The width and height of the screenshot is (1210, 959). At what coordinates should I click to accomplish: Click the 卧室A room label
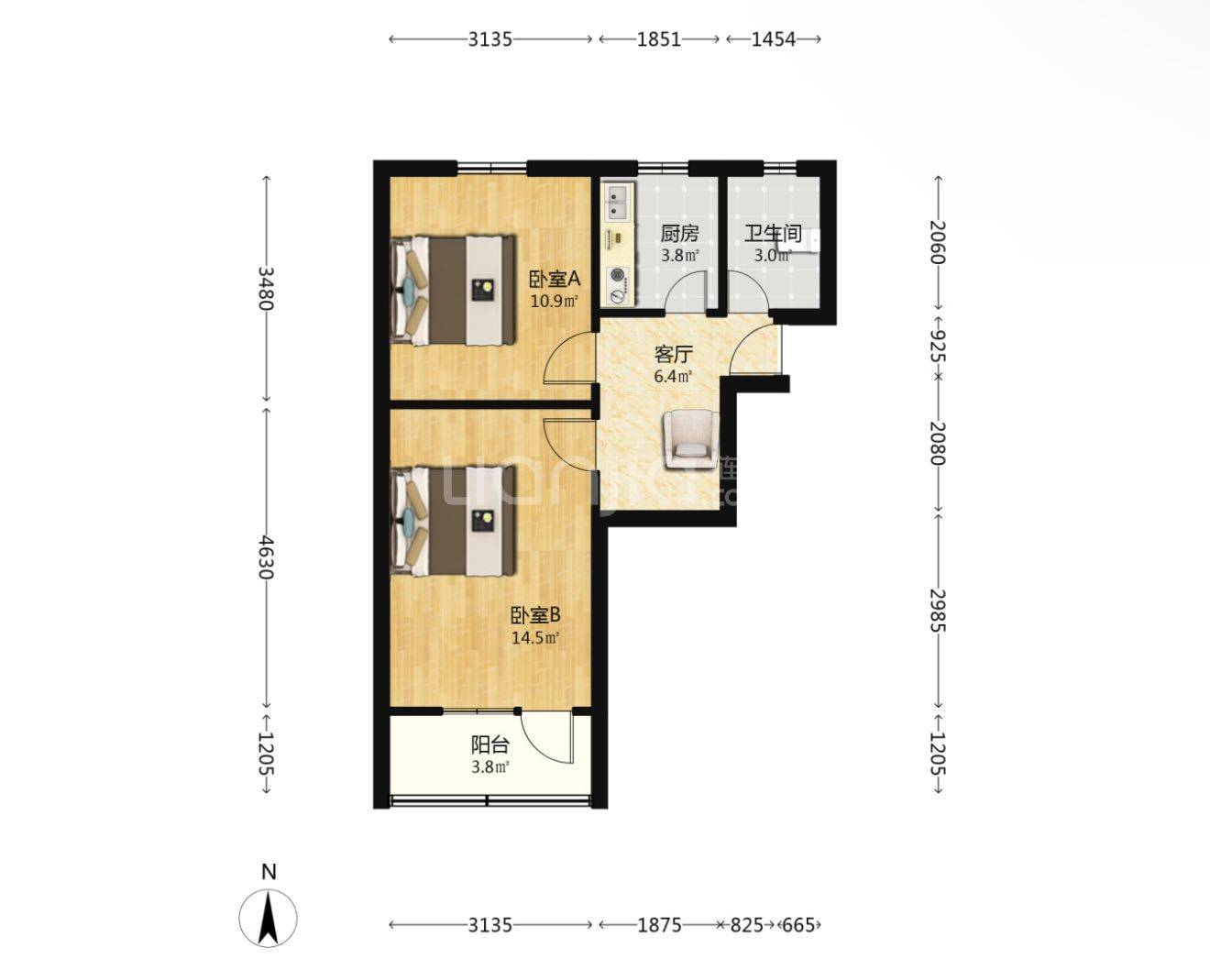pyautogui.click(x=555, y=279)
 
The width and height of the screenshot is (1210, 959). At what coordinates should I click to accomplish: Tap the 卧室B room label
pyautogui.click(x=535, y=615)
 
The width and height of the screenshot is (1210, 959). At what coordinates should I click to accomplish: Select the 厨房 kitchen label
pyautogui.click(x=679, y=234)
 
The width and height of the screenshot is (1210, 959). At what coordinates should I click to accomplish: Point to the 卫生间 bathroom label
pyautogui.click(x=773, y=234)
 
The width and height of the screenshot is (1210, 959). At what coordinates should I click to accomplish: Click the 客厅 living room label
pyautogui.click(x=673, y=354)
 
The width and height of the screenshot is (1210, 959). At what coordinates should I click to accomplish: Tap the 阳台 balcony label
pyautogui.click(x=489, y=744)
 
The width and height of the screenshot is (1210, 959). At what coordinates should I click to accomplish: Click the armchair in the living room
pyautogui.click(x=691, y=439)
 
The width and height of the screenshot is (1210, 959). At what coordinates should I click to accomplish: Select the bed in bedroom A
pyautogui.click(x=453, y=291)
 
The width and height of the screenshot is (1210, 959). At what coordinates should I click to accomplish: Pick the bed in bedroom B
pyautogui.click(x=453, y=521)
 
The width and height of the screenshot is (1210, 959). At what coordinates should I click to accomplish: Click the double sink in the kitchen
pyautogui.click(x=618, y=203)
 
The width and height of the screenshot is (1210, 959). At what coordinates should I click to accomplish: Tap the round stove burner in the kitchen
pyautogui.click(x=618, y=276)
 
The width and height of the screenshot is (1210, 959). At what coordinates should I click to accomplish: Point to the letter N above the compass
pyautogui.click(x=269, y=873)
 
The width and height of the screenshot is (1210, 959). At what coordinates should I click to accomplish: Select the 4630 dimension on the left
pyautogui.click(x=266, y=557)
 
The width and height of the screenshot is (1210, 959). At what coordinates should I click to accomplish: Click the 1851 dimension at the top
pyautogui.click(x=659, y=39)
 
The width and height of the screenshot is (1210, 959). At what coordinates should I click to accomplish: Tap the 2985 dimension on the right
pyautogui.click(x=938, y=611)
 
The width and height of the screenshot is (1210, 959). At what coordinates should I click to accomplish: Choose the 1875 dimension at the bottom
pyautogui.click(x=659, y=925)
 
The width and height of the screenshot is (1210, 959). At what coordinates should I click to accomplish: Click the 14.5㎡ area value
pyautogui.click(x=535, y=638)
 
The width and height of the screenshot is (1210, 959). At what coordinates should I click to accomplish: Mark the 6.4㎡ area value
pyautogui.click(x=673, y=376)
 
